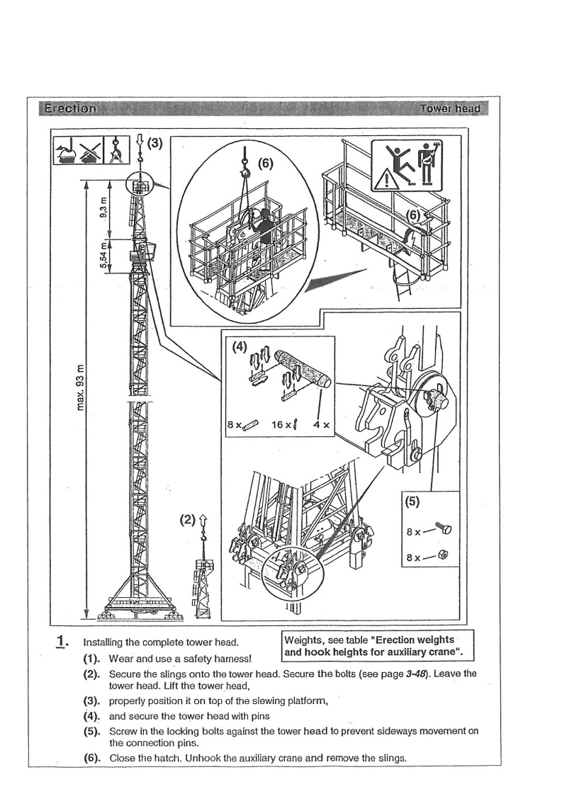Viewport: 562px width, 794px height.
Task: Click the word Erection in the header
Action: (x=70, y=109)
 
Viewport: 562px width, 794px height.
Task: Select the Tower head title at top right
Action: (x=449, y=109)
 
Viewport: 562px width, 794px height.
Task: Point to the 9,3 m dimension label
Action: (x=104, y=208)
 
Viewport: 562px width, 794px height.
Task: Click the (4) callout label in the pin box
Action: (x=240, y=348)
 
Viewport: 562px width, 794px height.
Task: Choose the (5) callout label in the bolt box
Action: (x=413, y=503)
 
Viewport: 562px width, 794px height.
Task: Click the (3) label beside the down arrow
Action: (x=155, y=143)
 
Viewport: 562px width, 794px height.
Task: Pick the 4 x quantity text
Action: (x=322, y=426)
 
